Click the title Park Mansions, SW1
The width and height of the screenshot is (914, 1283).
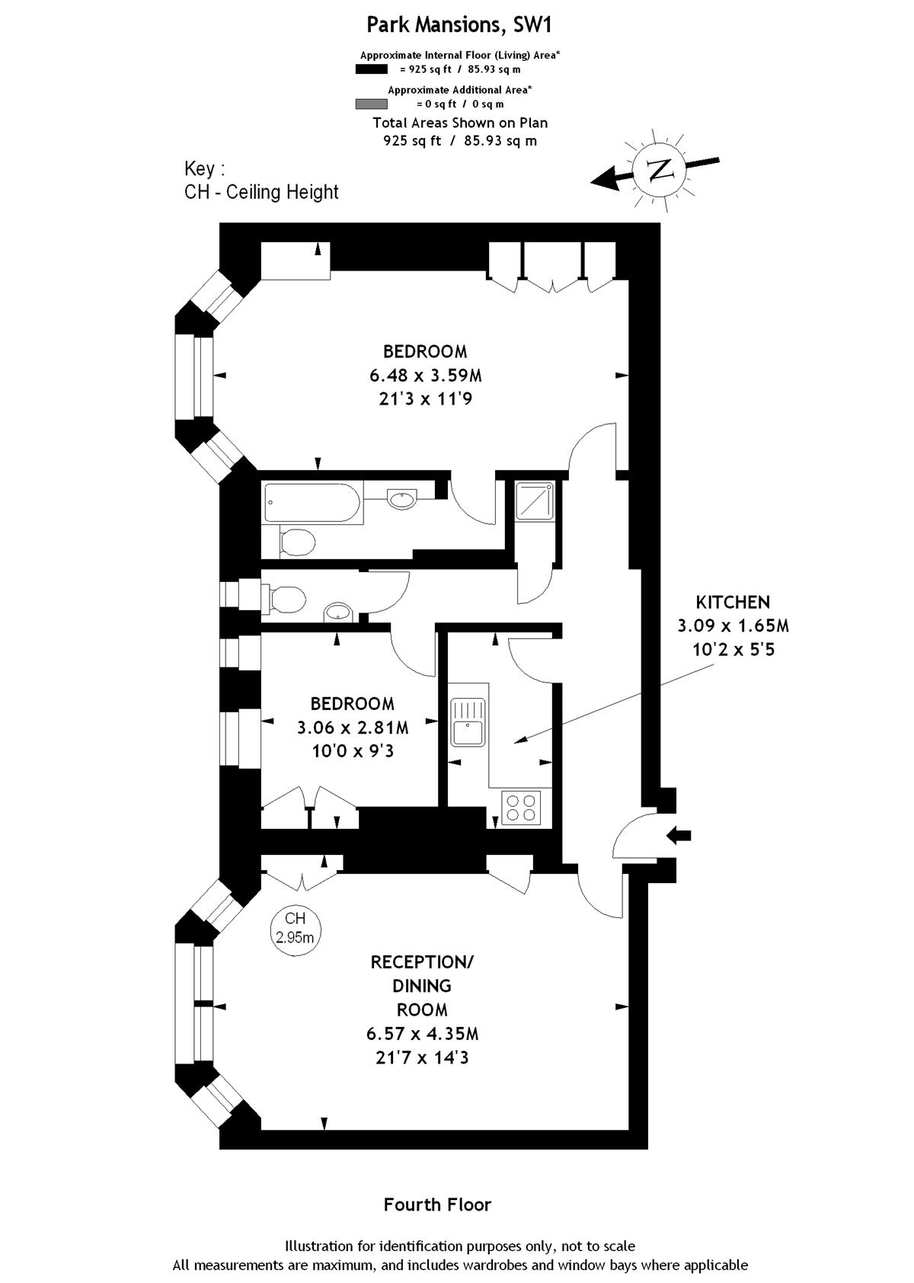[x=459, y=25]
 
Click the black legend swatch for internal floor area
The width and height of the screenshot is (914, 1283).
[x=371, y=69]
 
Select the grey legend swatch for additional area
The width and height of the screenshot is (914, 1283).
[x=371, y=104]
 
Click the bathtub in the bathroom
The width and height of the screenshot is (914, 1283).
[x=313, y=503]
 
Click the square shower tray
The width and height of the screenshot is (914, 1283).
[x=535, y=501]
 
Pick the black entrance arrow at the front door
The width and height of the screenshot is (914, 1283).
[x=679, y=836]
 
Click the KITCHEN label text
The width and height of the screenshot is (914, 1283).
[x=733, y=602]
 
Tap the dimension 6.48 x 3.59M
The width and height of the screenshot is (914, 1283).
[x=426, y=376]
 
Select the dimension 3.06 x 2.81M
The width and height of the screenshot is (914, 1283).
[x=353, y=728]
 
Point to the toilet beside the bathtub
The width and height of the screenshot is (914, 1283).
[x=297, y=541]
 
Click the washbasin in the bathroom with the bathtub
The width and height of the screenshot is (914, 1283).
[x=402, y=499]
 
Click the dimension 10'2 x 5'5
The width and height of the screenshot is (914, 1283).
[x=733, y=650]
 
